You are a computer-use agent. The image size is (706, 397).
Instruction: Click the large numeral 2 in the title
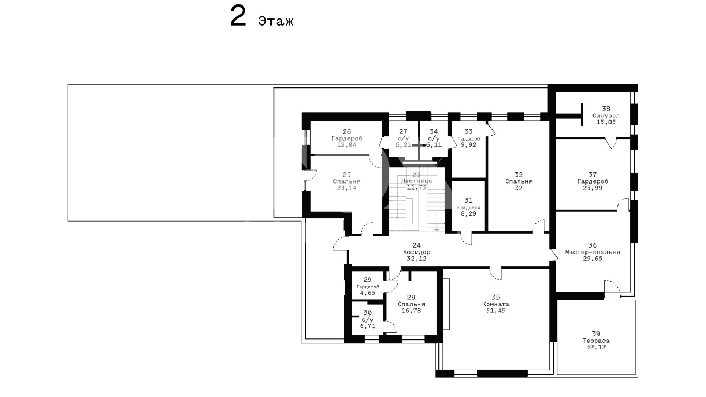pos(238,17)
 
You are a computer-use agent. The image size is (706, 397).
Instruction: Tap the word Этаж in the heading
pos(276,21)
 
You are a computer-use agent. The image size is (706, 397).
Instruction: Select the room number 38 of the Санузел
pos(606,109)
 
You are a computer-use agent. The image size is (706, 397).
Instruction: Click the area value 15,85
pos(606,122)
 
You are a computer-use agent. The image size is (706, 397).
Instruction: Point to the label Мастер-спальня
pos(592,252)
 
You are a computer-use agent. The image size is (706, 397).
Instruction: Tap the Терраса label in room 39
pos(596,341)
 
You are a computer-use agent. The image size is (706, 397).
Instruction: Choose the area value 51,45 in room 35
pos(496,311)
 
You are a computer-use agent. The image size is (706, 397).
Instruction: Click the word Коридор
pos(417,252)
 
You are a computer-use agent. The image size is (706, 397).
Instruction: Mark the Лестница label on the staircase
pos(417,181)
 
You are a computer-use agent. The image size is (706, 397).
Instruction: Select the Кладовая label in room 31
pos(469,207)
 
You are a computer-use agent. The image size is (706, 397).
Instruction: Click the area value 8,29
pos(469,213)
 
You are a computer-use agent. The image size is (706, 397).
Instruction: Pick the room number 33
pos(469,132)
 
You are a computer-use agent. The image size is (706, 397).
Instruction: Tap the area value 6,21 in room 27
pos(403,145)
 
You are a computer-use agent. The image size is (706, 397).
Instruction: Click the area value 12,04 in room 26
pos(346,145)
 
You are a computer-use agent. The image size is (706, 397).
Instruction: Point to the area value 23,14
pos(346,188)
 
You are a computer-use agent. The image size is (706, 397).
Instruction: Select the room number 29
pos(368,280)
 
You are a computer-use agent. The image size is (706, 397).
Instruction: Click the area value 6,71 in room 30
pos(368,326)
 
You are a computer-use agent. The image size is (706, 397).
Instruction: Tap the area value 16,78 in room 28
pos(411,311)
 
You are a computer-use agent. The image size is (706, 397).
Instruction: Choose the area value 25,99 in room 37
pos(592,188)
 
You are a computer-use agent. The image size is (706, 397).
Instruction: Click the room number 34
pos(434,132)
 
